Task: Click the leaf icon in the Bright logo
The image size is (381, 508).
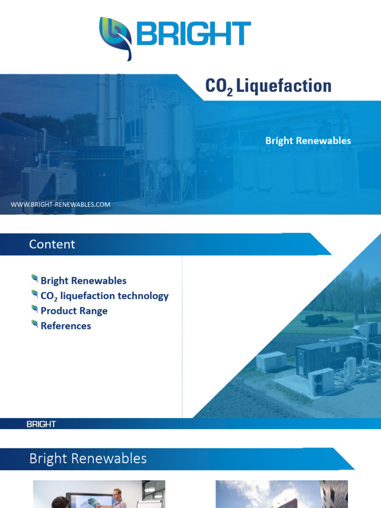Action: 116,38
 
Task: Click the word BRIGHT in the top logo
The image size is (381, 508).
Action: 193,34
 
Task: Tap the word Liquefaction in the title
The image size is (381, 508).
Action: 284,86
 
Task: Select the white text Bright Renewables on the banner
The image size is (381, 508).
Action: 308,141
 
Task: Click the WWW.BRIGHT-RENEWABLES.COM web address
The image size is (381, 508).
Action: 61,204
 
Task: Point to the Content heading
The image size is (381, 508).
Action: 52,244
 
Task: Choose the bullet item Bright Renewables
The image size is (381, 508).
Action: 83,281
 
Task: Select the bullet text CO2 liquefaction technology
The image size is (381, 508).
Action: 104,296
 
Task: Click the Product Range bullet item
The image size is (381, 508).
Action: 74,311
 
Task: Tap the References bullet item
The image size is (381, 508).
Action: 66,326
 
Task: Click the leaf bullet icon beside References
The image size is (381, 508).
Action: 35,324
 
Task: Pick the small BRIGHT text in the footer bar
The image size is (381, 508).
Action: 41,425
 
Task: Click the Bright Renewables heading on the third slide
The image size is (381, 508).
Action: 88,458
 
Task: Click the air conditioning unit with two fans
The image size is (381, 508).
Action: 321,381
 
